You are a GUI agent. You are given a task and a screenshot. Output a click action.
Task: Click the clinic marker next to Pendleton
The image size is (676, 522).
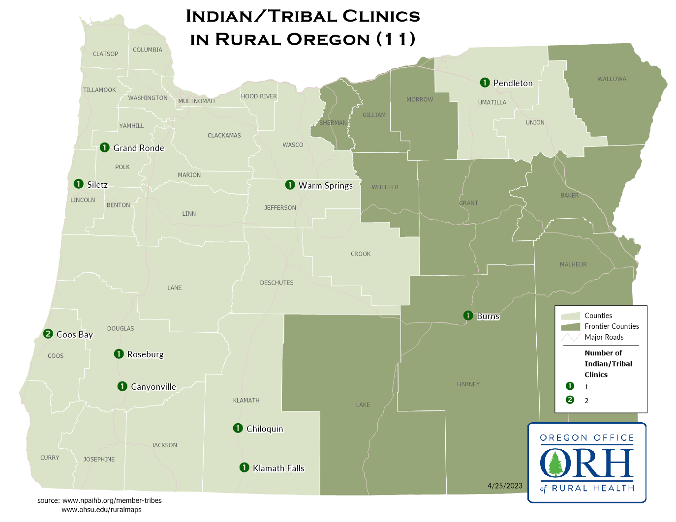coord(485,83)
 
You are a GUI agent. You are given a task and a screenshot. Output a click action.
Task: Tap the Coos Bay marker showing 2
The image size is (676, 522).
coord(48,334)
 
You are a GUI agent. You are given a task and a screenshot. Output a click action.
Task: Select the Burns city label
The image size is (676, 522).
coord(488,316)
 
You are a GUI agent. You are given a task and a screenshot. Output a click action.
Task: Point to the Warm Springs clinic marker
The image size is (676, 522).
coord(290,185)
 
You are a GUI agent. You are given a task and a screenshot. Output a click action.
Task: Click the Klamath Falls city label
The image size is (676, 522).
coord(278,468)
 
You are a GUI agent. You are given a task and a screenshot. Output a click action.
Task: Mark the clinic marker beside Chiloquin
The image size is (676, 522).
coord(238,428)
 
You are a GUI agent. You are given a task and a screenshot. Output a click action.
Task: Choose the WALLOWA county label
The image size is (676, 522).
coord(612,79)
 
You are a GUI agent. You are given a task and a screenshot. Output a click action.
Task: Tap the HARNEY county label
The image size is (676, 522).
coord(468,384)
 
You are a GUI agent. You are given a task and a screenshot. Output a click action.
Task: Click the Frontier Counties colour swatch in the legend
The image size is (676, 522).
coord(570,327)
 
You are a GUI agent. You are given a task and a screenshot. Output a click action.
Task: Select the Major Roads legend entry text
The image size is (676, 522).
coord(604,337)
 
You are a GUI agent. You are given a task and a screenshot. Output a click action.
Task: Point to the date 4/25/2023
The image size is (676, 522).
coord(505,486)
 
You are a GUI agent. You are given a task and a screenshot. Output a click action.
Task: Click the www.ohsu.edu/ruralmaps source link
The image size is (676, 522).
coord(101,510)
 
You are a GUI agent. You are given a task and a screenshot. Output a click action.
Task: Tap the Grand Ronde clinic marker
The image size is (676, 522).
coord(104,147)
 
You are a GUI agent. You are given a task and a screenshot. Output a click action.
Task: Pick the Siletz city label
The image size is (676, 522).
coord(97,185)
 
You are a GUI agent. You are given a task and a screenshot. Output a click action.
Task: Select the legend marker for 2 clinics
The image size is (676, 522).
coord(570,400)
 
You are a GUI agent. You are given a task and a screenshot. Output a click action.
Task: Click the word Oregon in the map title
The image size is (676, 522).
coord(328,39)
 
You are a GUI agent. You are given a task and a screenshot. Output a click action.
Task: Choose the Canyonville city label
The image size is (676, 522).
coord(154,387)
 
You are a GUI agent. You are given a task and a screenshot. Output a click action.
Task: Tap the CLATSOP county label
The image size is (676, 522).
coord(105,54)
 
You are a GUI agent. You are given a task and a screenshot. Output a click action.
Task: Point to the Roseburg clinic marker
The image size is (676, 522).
coord(119,354)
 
